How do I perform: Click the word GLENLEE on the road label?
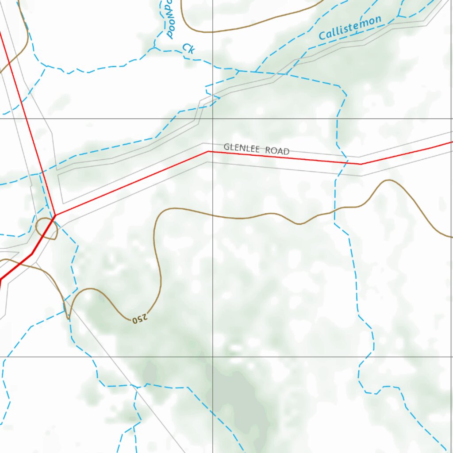[242, 148]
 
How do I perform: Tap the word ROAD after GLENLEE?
[277, 151]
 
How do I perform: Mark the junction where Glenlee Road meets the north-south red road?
[55, 215]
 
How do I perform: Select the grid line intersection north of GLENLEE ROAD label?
[212, 119]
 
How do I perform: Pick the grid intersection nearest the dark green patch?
[212, 356]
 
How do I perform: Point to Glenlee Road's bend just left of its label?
[208, 152]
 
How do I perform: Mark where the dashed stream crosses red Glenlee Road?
[345, 162]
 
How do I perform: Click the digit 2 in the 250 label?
[145, 315]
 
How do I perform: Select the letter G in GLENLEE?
[226, 146]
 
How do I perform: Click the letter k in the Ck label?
[191, 50]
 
